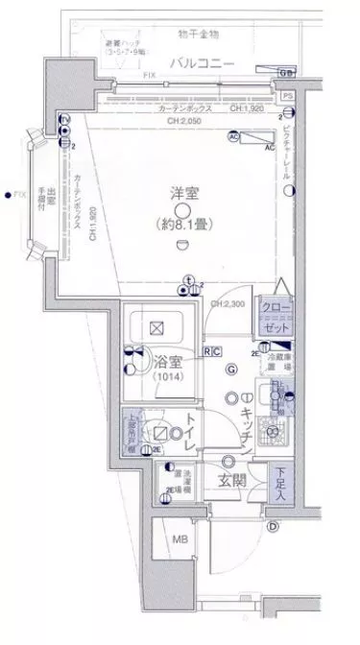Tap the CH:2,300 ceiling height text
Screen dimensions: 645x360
pyautogui.click(x=229, y=304)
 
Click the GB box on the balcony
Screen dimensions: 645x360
pyautogui.click(x=286, y=73)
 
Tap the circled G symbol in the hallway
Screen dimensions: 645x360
pyautogui.click(x=230, y=370)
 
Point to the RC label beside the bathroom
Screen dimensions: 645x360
pyautogui.click(x=212, y=351)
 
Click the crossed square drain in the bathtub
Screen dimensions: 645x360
pyautogui.click(x=156, y=326)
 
